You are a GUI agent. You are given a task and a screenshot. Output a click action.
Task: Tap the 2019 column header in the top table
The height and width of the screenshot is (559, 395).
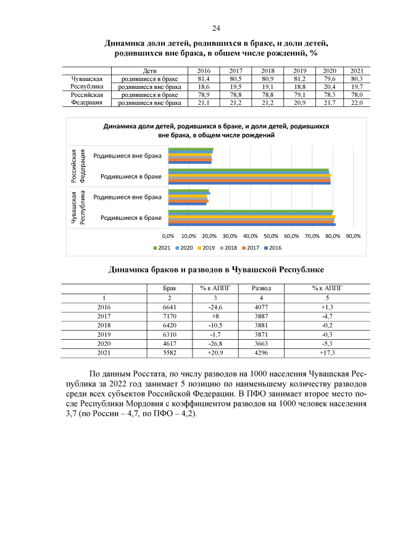300,72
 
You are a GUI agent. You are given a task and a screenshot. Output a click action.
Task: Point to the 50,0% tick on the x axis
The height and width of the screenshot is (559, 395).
271,236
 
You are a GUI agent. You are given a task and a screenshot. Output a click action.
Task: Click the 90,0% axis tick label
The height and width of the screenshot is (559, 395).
353,236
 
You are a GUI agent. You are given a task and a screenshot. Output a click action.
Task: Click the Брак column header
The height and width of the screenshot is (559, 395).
170,288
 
